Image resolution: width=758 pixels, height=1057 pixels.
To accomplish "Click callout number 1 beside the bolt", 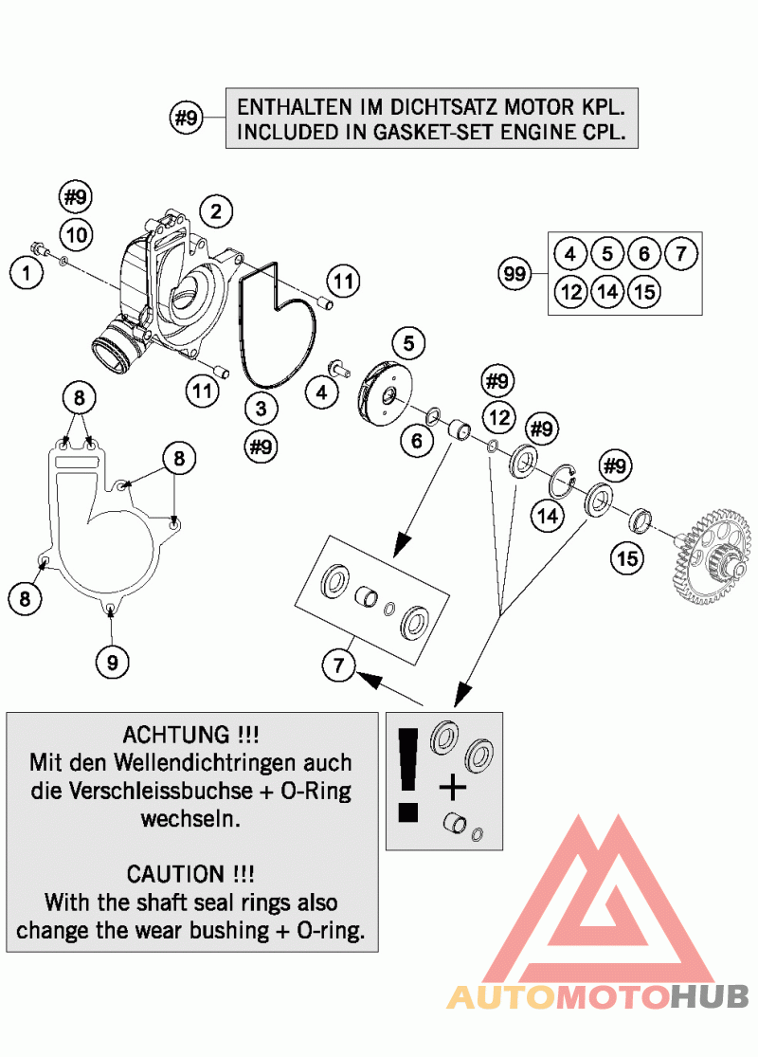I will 27,274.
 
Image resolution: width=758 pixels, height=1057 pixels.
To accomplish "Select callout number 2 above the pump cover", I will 216,210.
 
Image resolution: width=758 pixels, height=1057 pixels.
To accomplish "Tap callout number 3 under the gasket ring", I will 261,409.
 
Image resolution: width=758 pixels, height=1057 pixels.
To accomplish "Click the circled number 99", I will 515,275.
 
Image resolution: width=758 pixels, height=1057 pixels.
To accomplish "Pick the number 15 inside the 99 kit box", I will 643,291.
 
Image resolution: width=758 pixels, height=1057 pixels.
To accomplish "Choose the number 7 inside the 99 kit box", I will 680,254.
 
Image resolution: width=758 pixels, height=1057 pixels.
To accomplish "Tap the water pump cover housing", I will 171,284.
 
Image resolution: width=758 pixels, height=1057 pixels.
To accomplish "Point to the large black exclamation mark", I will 408,774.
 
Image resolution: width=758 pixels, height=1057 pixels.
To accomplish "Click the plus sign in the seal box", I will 454,786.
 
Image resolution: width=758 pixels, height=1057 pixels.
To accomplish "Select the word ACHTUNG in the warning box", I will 189,735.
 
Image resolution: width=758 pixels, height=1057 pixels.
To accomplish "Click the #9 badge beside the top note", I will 187,118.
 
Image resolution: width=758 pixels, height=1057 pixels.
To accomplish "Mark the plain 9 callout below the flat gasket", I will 112,663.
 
